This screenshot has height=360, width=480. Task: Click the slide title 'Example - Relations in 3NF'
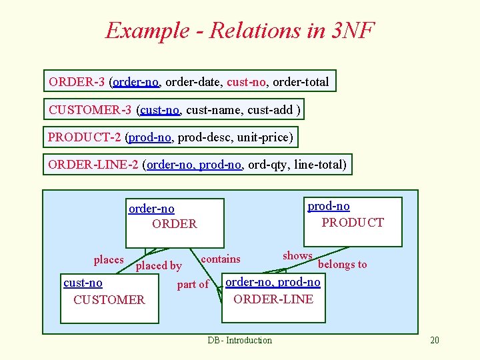tap(240, 31)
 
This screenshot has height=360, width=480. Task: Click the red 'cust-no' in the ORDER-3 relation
tap(246, 82)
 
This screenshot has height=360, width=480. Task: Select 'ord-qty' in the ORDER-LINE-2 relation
tap(269, 165)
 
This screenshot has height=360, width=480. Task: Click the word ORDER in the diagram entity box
tap(175, 224)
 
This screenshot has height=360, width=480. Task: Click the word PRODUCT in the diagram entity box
tap(353, 222)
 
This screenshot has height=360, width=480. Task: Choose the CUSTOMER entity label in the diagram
tap(109, 299)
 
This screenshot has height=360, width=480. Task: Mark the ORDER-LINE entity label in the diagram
tap(273, 299)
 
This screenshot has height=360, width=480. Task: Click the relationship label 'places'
tap(109, 259)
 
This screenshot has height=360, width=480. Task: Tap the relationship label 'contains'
tap(221, 259)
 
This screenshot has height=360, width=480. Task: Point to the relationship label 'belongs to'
tap(343, 264)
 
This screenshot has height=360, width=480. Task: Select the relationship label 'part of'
tap(193, 285)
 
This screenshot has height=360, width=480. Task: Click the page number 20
tap(435, 341)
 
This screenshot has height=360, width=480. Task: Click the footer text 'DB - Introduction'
tap(239, 341)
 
